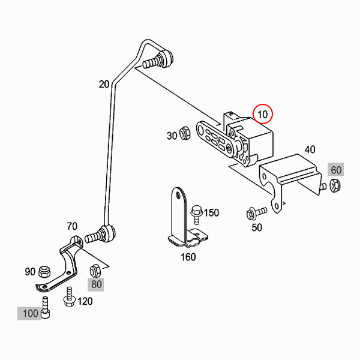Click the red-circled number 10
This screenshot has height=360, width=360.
(x=262, y=114)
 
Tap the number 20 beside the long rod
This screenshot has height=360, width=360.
(x=104, y=84)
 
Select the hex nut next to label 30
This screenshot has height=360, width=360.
(x=185, y=133)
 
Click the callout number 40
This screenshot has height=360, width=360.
(x=310, y=149)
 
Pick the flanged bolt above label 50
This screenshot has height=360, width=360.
(x=256, y=212)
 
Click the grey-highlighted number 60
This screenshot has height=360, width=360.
(x=336, y=170)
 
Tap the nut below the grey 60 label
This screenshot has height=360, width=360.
(x=335, y=186)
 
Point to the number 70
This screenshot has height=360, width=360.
(x=72, y=226)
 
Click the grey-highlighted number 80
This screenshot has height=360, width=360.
(x=96, y=284)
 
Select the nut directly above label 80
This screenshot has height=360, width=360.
(x=95, y=271)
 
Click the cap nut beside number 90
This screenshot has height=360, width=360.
(x=44, y=272)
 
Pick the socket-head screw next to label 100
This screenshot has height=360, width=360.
(x=46, y=307)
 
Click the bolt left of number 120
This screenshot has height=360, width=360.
(x=69, y=297)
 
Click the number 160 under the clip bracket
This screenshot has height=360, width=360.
(x=188, y=257)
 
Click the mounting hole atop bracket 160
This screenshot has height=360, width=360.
(x=178, y=196)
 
